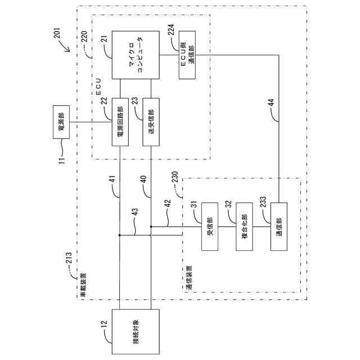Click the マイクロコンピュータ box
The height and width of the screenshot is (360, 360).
[136, 55]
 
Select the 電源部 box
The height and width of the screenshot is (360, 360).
[61, 122]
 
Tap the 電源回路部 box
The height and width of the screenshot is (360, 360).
[120, 122]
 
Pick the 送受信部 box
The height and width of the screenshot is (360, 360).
[151, 122]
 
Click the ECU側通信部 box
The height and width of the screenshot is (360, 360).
[187, 55]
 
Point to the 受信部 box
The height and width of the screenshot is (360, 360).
[210, 227]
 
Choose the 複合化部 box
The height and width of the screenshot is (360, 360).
[244, 227]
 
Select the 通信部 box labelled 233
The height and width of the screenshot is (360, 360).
[279, 227]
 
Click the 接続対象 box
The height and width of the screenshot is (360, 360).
[136, 331]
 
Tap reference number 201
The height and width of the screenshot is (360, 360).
[57, 33]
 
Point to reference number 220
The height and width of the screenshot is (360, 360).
[84, 36]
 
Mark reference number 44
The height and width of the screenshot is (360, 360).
[271, 102]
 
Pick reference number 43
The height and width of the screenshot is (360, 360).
[136, 211]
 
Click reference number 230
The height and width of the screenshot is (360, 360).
[175, 177]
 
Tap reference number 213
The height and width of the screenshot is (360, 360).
[69, 258]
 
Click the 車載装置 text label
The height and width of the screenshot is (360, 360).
[83, 285]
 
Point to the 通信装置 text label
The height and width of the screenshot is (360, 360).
[189, 277]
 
